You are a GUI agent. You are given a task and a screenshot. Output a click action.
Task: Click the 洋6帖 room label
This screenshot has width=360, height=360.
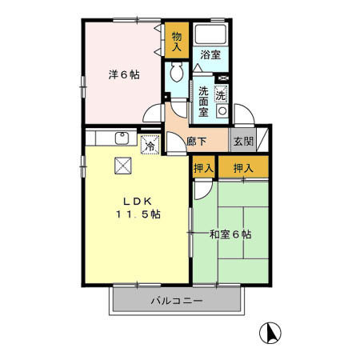click(x=124, y=74)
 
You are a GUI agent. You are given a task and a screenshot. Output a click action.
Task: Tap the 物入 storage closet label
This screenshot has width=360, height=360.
click(x=178, y=42)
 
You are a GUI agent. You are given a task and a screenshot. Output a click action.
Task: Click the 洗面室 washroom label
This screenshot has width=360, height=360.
click(x=204, y=101)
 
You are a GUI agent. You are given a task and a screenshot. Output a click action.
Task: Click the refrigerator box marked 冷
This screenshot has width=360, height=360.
click(x=150, y=145)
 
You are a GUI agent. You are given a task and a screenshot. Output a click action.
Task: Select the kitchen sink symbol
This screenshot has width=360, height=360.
click(x=122, y=138)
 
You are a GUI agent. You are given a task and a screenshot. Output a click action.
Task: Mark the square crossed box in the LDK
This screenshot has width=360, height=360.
click(x=123, y=166)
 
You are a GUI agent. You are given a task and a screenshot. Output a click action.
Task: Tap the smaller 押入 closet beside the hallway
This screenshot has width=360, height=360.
click(x=203, y=168)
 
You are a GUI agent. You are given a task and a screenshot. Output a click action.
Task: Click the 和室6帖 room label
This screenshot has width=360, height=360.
click(x=230, y=234)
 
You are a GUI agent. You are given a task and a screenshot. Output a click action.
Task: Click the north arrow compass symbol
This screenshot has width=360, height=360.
click(x=271, y=330)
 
